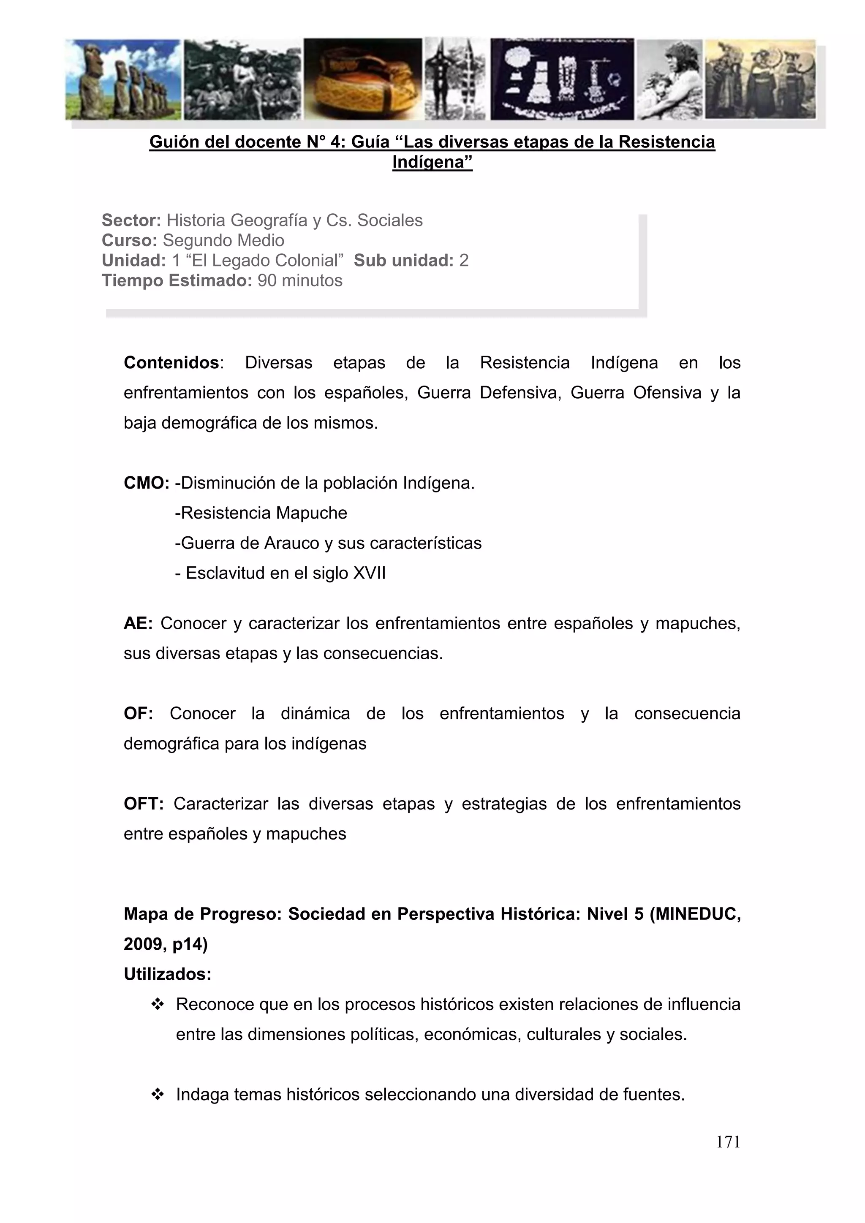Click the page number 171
tap(728, 1141)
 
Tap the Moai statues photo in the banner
tap(123, 79)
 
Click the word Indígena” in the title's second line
tap(432, 162)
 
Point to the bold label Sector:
tap(131, 220)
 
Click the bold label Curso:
tap(129, 240)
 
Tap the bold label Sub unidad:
tap(403, 261)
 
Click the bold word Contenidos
tap(171, 363)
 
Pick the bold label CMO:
tap(147, 483)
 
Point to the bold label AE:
tap(138, 623)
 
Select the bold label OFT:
tap(144, 804)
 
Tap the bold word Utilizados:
tap(167, 974)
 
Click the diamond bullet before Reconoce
tap(157, 1005)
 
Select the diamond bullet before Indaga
tap(157, 1095)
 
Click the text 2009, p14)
tap(166, 944)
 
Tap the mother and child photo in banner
tap(669, 79)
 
